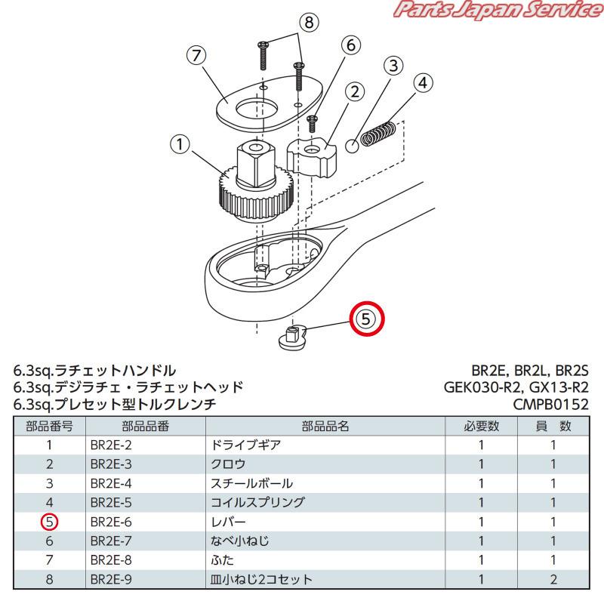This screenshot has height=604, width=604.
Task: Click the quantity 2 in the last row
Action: click(x=553, y=580)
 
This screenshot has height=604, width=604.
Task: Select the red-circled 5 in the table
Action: click(x=49, y=522)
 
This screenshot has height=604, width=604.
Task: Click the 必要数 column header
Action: click(x=481, y=426)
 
